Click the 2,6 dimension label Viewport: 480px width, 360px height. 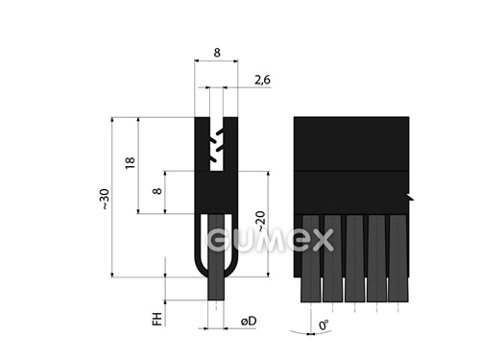coord(262,80)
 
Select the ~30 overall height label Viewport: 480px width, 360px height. coord(105,200)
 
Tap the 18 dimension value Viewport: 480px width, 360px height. coord(130,163)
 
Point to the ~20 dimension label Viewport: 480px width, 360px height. coord(261,222)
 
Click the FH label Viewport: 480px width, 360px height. coord(157,319)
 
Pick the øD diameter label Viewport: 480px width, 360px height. coord(249,321)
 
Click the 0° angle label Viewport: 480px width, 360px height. coord(324,325)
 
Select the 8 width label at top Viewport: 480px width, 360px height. coord(217,53)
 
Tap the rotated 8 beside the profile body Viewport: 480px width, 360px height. coord(157,191)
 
